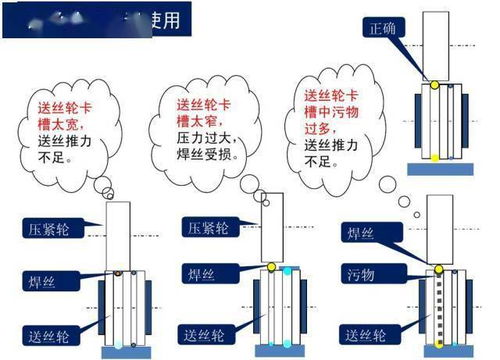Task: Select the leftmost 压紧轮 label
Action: click(x=48, y=227)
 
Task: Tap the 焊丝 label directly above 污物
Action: click(x=361, y=233)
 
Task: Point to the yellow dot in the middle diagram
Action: click(x=270, y=267)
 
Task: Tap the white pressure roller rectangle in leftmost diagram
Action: click(x=118, y=234)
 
